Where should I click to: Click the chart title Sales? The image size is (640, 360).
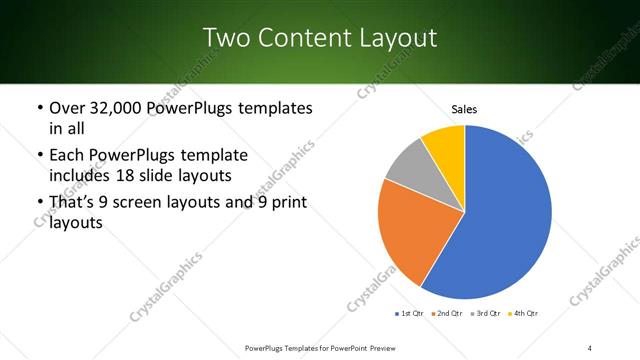(x=464, y=108)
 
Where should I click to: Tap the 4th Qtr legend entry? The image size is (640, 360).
(x=527, y=314)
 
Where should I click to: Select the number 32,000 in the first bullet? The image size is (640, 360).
(x=109, y=108)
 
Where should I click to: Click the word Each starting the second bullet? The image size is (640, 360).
(x=67, y=155)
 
